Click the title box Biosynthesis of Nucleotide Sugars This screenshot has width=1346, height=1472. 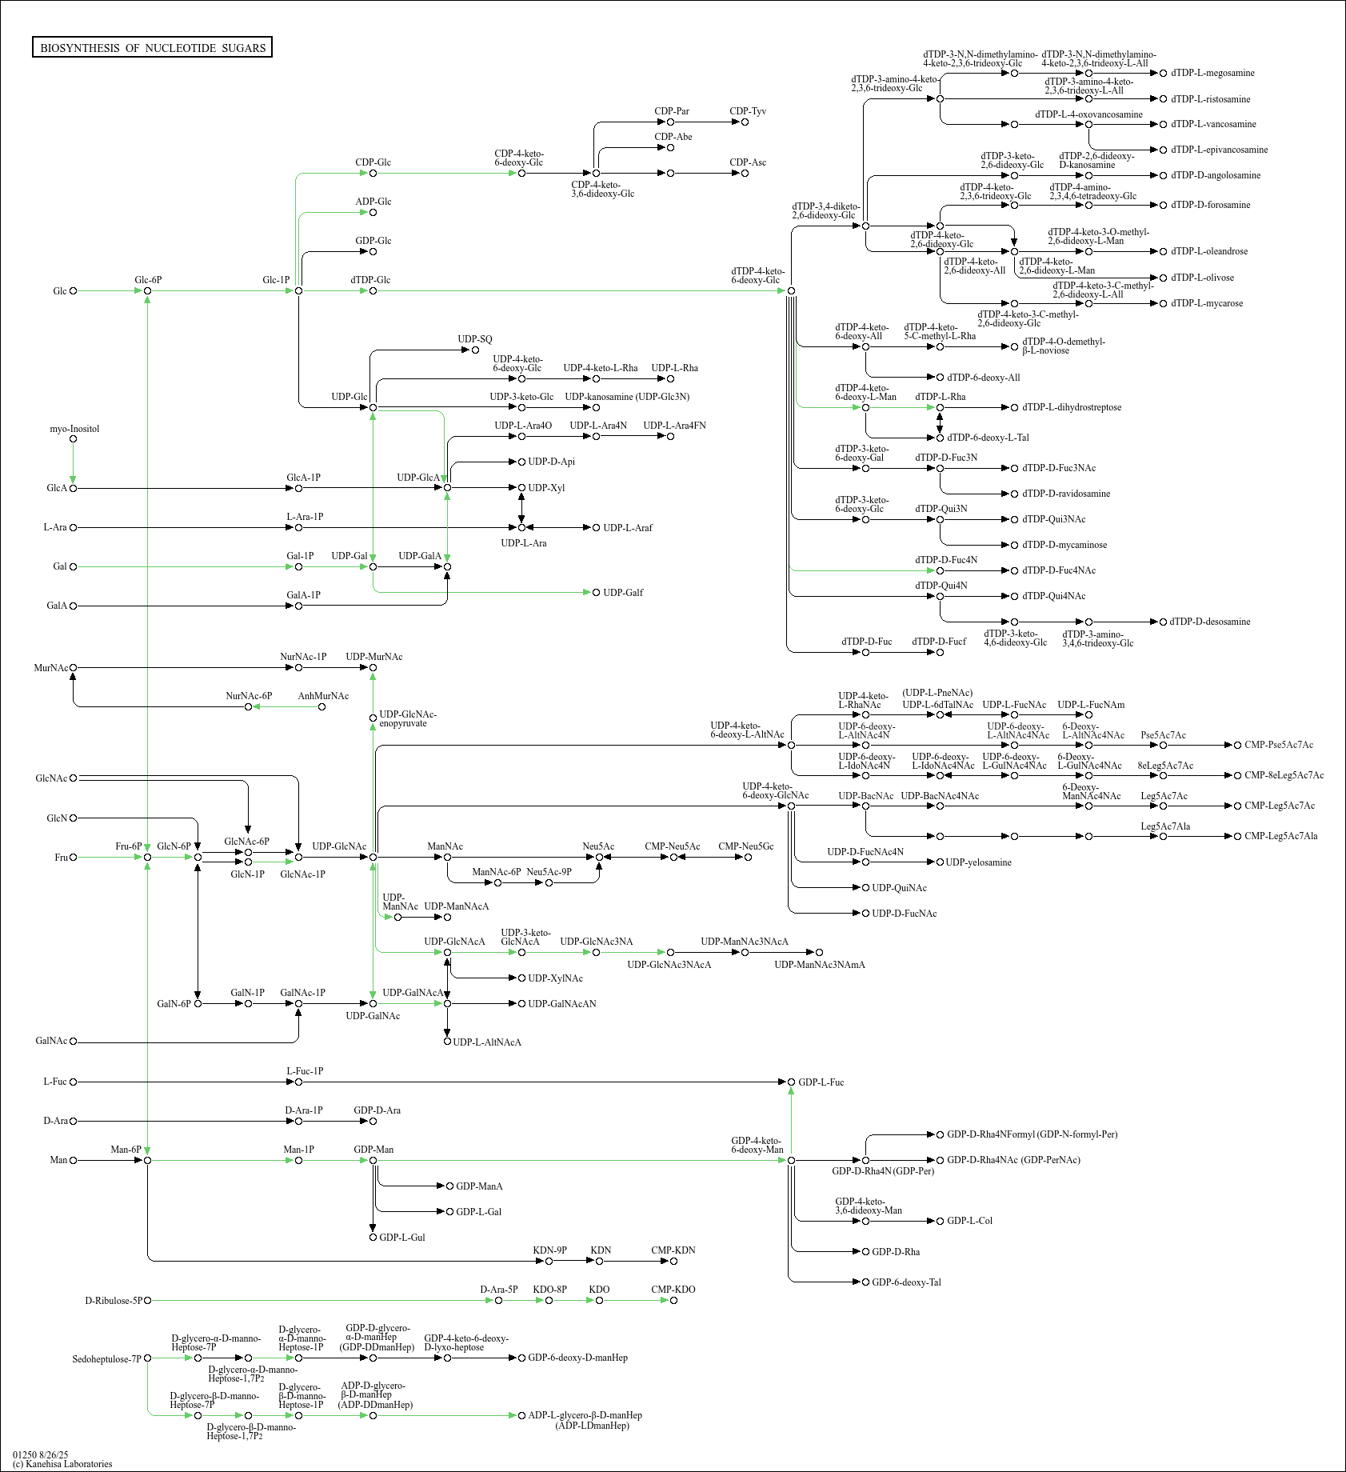tap(152, 48)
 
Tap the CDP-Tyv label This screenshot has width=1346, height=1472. tap(748, 111)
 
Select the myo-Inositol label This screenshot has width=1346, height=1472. tap(74, 429)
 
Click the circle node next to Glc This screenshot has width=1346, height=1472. tap(74, 291)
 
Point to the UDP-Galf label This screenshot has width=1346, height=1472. tap(623, 593)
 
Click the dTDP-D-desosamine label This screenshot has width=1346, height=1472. tap(1210, 622)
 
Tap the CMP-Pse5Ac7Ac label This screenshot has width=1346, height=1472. tap(1279, 745)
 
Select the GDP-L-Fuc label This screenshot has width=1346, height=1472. tap(821, 1082)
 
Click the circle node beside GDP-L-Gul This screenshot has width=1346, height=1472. tap(373, 1238)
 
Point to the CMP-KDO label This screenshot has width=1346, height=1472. tap(673, 1290)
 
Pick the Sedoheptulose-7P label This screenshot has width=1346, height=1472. tap(106, 1359)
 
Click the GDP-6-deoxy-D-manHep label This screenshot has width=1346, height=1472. tap(577, 1358)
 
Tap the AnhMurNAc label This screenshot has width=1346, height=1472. tap(323, 696)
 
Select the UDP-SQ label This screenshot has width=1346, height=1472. tap(475, 339)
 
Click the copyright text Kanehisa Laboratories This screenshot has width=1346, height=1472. tap(62, 1464)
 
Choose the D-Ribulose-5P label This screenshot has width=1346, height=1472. tap(113, 1301)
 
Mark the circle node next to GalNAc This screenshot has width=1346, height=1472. tap(74, 1042)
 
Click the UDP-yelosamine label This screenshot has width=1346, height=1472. tap(978, 862)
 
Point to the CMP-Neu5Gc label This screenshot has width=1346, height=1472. tap(746, 846)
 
